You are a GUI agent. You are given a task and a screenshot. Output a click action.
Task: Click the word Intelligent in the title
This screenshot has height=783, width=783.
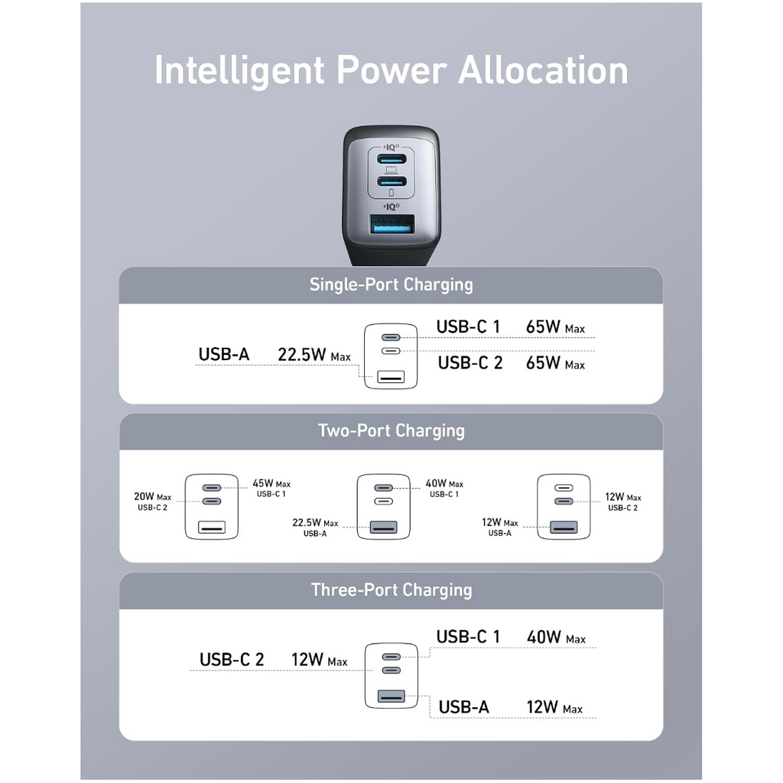click(239, 71)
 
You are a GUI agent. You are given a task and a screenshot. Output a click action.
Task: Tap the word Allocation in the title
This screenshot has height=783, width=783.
click(543, 70)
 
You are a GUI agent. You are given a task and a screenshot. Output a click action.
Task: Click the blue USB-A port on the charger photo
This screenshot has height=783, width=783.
click(391, 225)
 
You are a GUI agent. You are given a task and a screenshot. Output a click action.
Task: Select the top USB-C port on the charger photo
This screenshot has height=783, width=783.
click(391, 159)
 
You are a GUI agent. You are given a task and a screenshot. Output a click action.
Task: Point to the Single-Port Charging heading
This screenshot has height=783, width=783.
click(391, 284)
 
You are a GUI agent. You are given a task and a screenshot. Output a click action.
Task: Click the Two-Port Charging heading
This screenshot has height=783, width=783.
click(391, 430)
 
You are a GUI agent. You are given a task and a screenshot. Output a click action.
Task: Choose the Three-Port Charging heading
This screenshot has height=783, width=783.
click(391, 590)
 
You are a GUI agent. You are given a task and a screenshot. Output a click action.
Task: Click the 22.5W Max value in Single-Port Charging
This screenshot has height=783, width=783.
click(314, 355)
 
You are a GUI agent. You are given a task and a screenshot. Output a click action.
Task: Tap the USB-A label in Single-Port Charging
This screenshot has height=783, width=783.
click(224, 355)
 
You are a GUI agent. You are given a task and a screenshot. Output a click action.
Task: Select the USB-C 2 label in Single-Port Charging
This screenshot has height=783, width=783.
click(470, 363)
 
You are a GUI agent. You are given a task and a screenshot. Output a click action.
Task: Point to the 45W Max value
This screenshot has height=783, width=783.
click(271, 483)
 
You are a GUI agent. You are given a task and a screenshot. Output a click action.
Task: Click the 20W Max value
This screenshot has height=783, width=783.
click(152, 497)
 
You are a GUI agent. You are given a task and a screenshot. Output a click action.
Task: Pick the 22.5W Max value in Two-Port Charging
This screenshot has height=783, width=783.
click(315, 523)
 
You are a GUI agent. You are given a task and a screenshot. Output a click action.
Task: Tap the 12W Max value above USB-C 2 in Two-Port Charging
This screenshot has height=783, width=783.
click(622, 497)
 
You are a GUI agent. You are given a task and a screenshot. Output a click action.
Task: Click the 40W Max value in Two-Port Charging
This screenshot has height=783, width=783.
click(444, 483)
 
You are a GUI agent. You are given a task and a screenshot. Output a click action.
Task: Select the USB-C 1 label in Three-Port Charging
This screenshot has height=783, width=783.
click(468, 637)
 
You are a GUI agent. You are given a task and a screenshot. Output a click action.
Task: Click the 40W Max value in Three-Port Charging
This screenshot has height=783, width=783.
click(556, 637)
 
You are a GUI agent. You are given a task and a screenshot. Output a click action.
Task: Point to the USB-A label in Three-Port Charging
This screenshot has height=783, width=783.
click(463, 707)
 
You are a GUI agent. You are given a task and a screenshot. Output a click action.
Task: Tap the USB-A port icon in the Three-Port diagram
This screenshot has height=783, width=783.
click(391, 696)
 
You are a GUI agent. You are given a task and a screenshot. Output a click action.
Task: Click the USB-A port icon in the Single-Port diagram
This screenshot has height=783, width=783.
click(391, 376)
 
